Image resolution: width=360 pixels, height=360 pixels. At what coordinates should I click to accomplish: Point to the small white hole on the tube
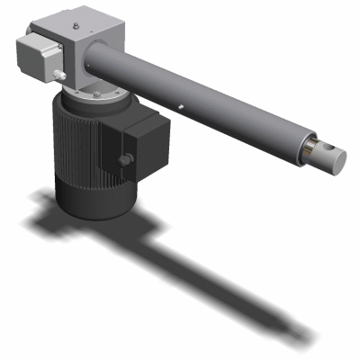click(x=183, y=105)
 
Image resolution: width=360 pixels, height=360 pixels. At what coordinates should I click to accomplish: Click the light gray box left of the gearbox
click(x=36, y=57)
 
